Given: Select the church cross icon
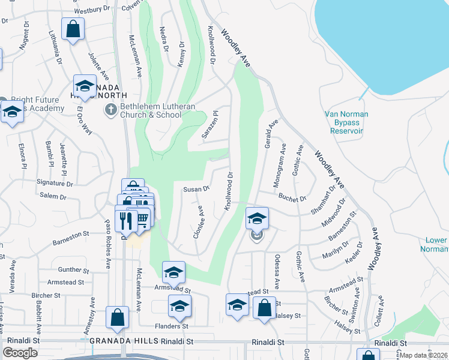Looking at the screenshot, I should [110, 109].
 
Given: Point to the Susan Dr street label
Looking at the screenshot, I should [196, 189].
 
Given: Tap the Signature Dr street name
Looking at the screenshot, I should [55, 183].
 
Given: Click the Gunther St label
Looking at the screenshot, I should [74, 270].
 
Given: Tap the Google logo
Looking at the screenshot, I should [21, 353].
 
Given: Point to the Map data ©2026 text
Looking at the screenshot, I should [424, 355].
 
